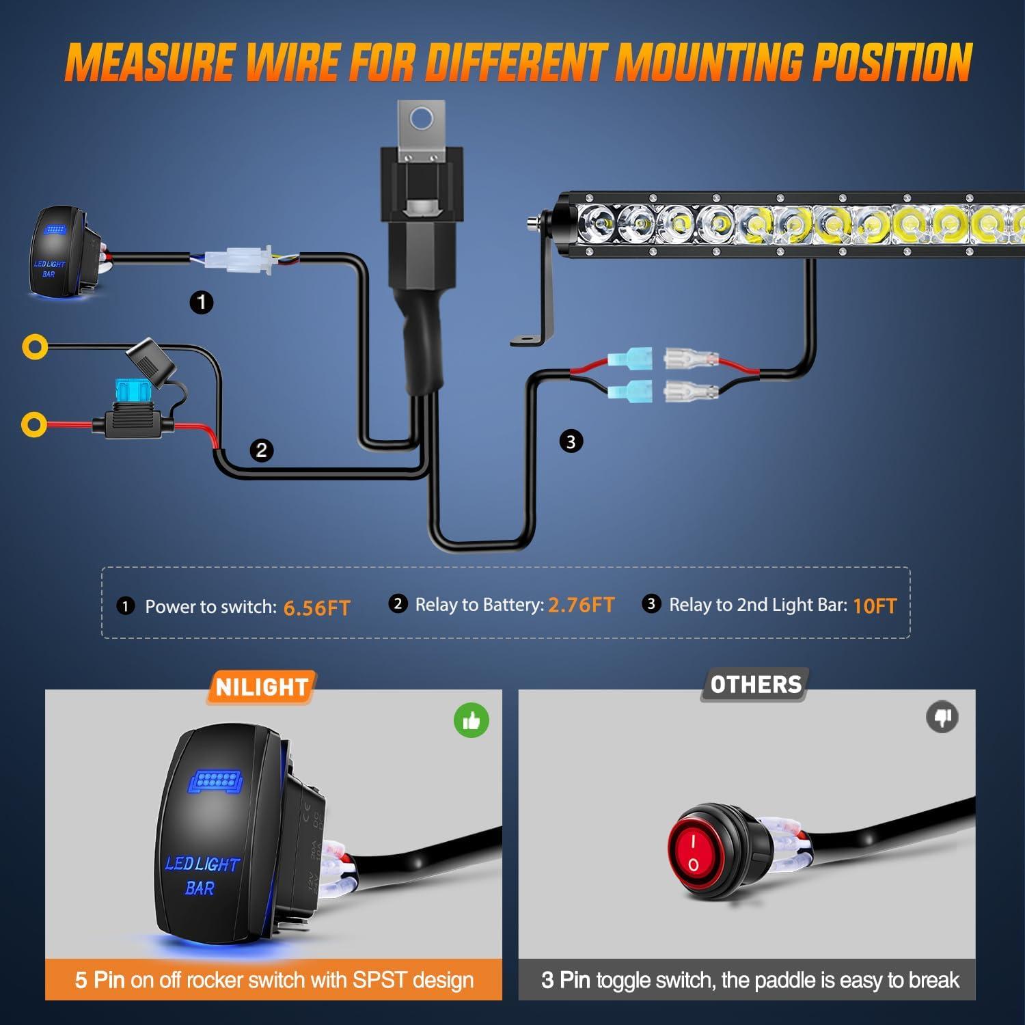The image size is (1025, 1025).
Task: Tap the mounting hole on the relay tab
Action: (x=422, y=119)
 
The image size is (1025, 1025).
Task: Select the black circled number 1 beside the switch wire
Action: (x=202, y=302)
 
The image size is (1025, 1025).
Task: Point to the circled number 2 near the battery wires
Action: (x=261, y=450)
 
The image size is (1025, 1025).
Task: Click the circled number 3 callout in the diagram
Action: (x=571, y=441)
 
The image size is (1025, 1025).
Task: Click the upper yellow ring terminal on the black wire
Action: (x=34, y=346)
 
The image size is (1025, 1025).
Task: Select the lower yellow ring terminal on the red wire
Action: (x=34, y=424)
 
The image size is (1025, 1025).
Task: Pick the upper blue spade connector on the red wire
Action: (x=629, y=357)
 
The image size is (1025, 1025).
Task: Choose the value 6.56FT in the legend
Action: (x=316, y=607)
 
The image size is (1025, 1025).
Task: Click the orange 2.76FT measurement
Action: (x=581, y=605)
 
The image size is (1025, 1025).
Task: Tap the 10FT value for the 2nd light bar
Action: (x=874, y=606)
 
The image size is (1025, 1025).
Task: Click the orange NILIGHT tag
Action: (x=261, y=687)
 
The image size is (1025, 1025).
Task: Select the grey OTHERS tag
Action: (x=755, y=685)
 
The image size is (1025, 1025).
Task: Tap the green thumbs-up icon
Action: (x=471, y=720)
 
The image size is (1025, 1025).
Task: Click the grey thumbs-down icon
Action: (x=942, y=717)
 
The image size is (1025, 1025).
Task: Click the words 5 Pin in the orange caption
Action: (x=100, y=980)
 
